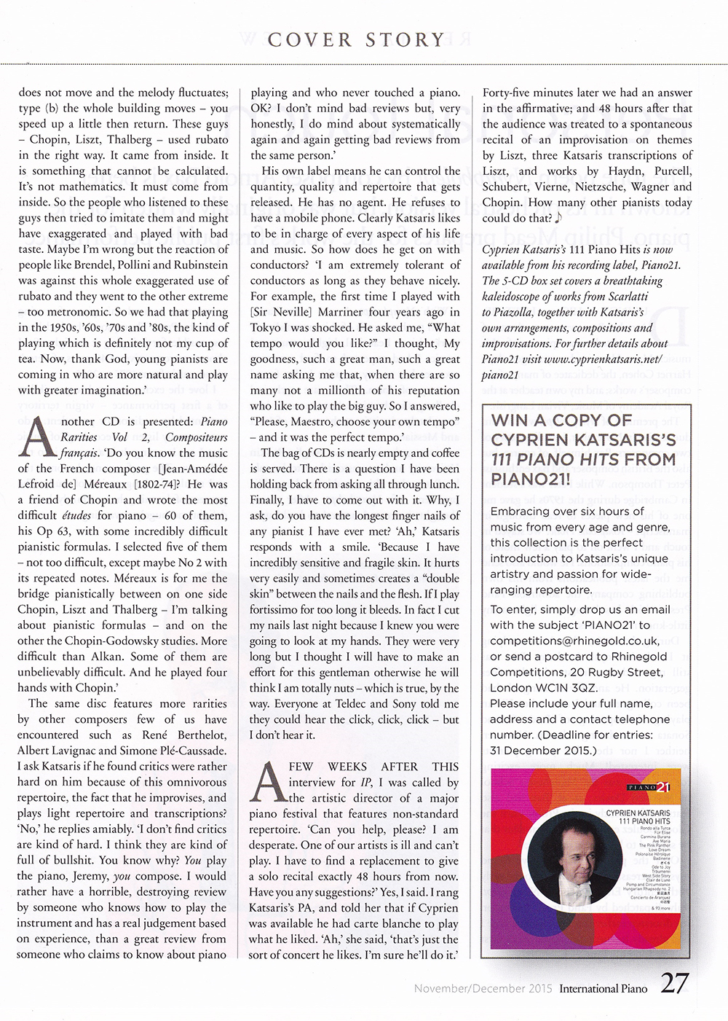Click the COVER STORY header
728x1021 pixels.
coord(356,39)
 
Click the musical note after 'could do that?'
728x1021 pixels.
coord(558,218)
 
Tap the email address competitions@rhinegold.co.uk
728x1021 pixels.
coord(575,641)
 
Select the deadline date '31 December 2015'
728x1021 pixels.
coord(542,751)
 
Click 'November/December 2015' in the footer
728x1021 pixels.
coord(483,989)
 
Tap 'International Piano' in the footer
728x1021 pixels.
coord(604,989)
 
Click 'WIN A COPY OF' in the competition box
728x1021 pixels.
coord(561,420)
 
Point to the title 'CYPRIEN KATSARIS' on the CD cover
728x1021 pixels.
coord(638,813)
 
